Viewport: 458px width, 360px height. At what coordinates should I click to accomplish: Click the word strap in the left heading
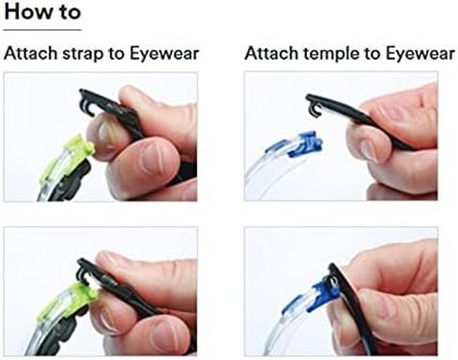pyautogui.click(x=83, y=53)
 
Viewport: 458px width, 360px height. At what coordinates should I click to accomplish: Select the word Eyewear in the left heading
pyautogui.click(x=164, y=53)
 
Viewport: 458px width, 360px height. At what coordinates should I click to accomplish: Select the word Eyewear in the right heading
pyautogui.click(x=420, y=53)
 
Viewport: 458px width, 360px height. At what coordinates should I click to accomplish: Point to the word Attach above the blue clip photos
pyautogui.click(x=271, y=52)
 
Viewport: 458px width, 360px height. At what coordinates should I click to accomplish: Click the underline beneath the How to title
pyautogui.click(x=42, y=30)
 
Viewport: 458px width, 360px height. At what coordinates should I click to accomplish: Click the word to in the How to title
pyautogui.click(x=69, y=12)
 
